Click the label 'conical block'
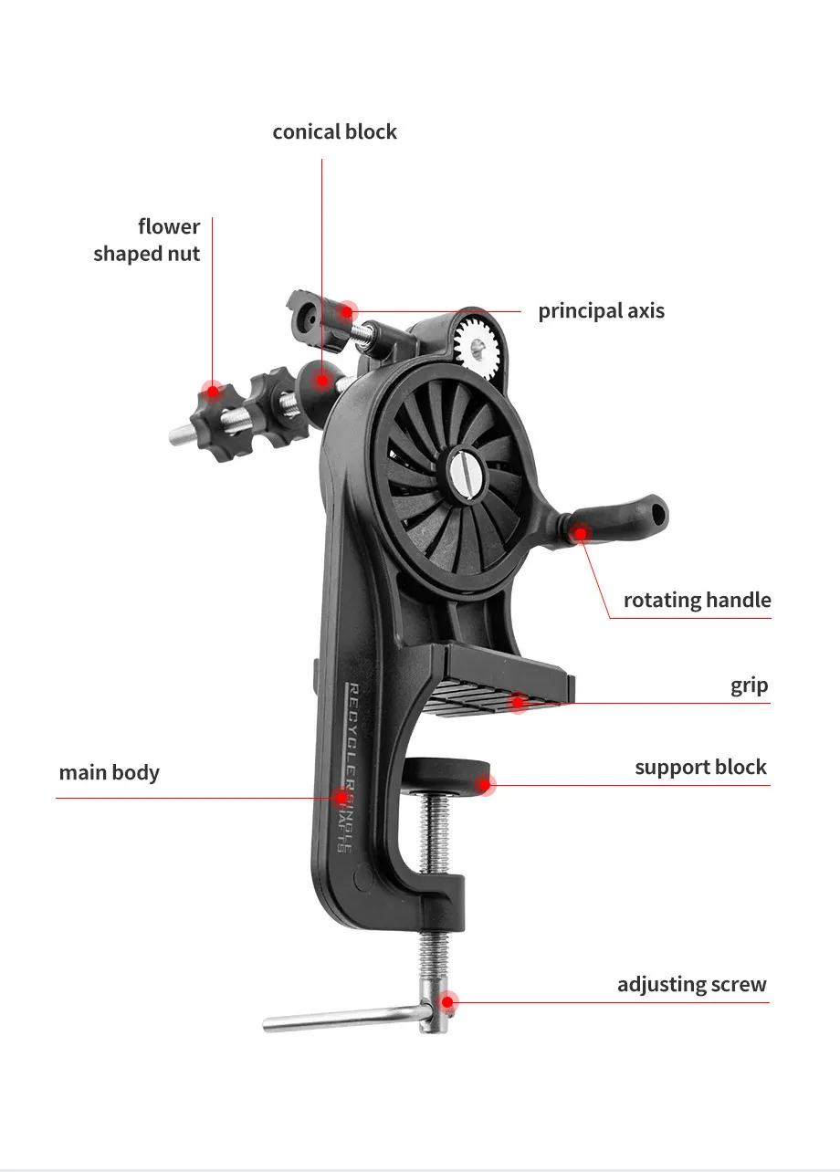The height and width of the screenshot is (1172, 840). click(x=334, y=132)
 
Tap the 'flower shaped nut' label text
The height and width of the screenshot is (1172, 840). click(x=147, y=240)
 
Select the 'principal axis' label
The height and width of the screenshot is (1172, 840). click(x=601, y=311)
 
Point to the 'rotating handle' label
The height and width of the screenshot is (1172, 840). click(x=697, y=601)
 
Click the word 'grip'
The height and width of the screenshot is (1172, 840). click(x=749, y=686)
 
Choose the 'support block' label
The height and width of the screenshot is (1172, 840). click(x=700, y=768)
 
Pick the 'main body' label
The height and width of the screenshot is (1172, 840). click(x=109, y=773)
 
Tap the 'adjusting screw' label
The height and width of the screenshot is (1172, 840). click(x=691, y=985)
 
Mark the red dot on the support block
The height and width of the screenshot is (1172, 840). click(x=486, y=783)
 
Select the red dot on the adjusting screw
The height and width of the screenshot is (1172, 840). click(x=446, y=1001)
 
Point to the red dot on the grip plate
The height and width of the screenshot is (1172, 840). click(x=518, y=702)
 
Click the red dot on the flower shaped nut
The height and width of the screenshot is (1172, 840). click(x=213, y=392)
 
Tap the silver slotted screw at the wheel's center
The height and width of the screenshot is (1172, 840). click(x=461, y=468)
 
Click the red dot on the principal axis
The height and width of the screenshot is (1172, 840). click(x=347, y=311)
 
